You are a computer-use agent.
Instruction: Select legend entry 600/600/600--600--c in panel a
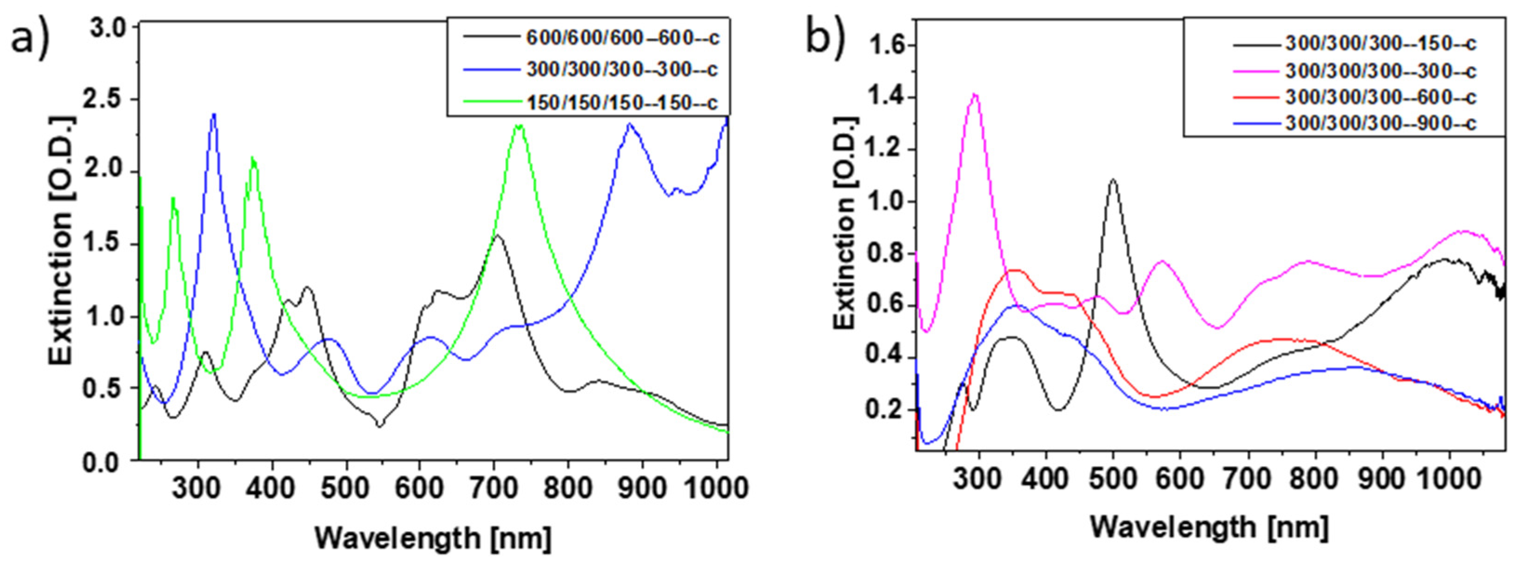pos(622,38)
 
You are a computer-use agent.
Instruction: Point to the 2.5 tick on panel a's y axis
pos(112,99)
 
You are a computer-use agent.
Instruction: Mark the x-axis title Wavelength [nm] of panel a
pos(433,538)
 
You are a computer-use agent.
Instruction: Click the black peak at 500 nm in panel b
pos(1113,180)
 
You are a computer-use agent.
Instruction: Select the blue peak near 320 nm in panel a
pos(214,114)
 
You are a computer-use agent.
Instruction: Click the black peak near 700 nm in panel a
pos(498,236)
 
